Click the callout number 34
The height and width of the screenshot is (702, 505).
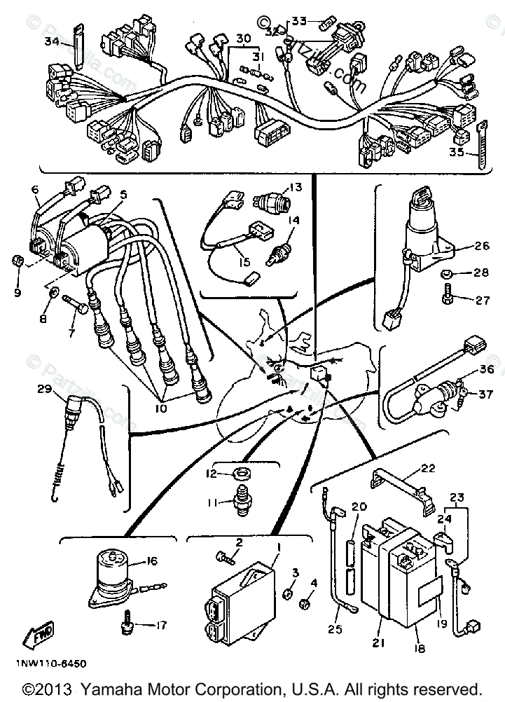(x=51, y=41)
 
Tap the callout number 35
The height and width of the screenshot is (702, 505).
(x=456, y=151)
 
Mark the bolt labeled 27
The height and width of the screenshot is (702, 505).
(x=447, y=298)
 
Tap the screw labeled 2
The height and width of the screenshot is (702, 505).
(x=223, y=557)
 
